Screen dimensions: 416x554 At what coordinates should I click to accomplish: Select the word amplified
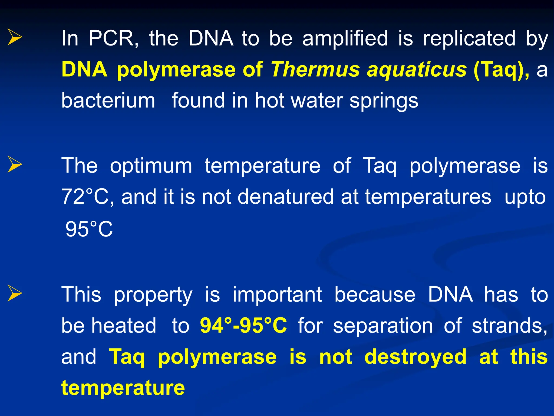(x=345, y=39)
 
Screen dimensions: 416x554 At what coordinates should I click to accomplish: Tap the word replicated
(x=469, y=39)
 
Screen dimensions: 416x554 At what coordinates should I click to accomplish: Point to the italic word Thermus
(x=315, y=70)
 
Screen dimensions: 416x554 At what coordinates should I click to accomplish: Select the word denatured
(x=286, y=197)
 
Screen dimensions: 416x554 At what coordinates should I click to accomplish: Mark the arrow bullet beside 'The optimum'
(x=15, y=164)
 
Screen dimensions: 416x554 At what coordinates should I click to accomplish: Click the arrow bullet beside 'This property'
(x=15, y=293)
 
